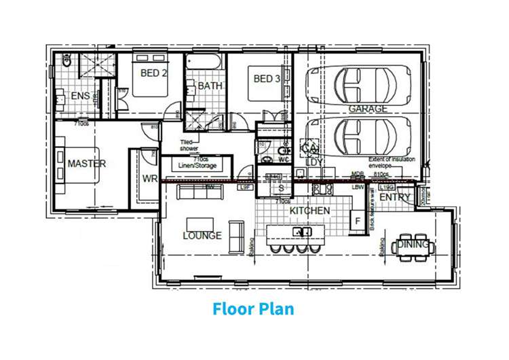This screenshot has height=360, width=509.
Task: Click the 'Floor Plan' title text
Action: point(253,310)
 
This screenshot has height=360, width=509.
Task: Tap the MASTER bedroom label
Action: point(86,164)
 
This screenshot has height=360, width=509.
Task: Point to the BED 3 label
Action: point(267,79)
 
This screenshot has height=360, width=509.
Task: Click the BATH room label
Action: point(210,86)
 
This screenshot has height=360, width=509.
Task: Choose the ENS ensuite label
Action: point(80,96)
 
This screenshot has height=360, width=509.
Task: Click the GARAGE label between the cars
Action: point(368,109)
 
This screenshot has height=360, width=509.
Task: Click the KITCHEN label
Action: point(309,211)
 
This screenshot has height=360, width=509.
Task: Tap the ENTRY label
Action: point(395,197)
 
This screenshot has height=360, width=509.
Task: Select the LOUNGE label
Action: point(202,236)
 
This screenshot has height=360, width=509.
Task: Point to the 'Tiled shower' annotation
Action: point(189,145)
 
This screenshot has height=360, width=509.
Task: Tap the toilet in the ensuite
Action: point(67,62)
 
